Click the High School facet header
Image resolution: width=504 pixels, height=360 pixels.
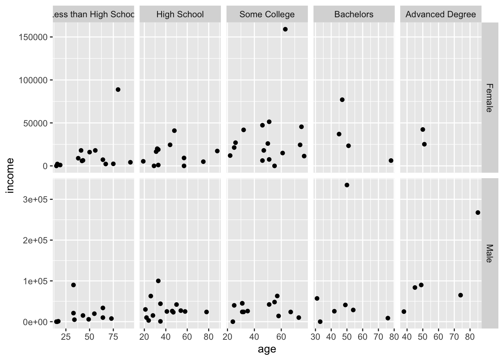click(x=180, y=15)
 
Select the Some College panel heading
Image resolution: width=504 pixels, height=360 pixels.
click(x=267, y=15)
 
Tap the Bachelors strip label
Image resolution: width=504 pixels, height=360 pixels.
click(x=354, y=15)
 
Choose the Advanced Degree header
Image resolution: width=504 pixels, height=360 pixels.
click(x=441, y=15)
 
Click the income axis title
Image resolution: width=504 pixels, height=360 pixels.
click(x=10, y=175)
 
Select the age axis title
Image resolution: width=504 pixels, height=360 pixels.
click(x=267, y=349)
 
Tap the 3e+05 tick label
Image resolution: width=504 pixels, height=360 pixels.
click(x=34, y=199)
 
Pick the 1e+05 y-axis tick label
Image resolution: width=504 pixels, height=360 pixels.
click(x=34, y=281)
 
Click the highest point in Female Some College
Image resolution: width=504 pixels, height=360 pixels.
click(x=285, y=29)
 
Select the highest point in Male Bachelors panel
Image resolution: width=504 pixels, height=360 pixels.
click(x=347, y=185)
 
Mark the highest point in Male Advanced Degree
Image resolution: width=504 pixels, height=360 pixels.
click(x=478, y=213)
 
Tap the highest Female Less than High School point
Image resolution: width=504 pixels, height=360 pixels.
click(x=118, y=90)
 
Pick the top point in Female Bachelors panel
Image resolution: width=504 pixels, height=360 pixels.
click(x=342, y=100)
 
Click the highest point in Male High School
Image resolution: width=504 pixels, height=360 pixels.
click(x=158, y=281)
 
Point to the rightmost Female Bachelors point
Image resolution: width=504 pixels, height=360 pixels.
click(x=391, y=160)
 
